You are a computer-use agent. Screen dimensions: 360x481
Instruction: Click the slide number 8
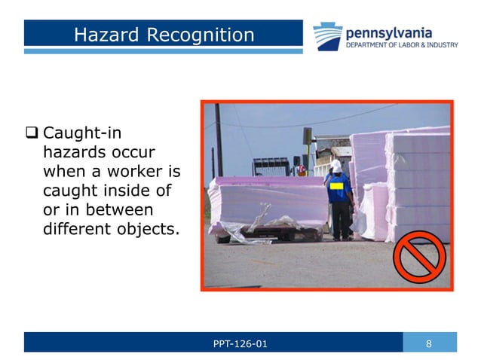(x=428, y=344)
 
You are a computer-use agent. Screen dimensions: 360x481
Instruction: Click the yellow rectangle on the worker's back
(x=337, y=183)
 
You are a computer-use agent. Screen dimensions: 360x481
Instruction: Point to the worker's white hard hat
(x=336, y=165)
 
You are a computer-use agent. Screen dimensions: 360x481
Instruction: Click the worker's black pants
(x=341, y=221)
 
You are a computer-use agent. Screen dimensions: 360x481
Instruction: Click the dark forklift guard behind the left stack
(x=270, y=166)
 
